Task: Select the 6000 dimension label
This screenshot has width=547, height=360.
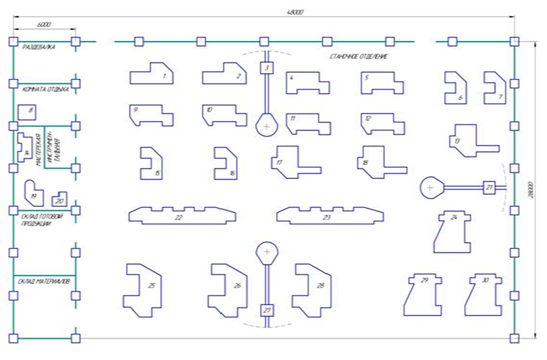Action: (x=44, y=22)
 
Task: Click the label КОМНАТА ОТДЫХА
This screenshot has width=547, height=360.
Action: (x=45, y=89)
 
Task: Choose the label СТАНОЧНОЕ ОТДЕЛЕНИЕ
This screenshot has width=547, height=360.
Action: (x=359, y=56)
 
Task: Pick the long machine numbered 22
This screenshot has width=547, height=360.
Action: (x=179, y=216)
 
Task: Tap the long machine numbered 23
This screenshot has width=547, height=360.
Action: (x=327, y=216)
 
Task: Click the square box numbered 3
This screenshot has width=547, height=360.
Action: (x=265, y=68)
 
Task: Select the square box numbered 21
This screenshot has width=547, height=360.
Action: (x=489, y=187)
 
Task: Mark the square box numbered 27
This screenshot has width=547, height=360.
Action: (x=266, y=311)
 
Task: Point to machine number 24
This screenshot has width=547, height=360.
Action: (x=454, y=231)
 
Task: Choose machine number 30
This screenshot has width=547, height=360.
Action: (x=483, y=292)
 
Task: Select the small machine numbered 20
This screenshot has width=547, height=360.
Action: (x=59, y=200)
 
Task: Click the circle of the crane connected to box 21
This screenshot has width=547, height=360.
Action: (x=430, y=187)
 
